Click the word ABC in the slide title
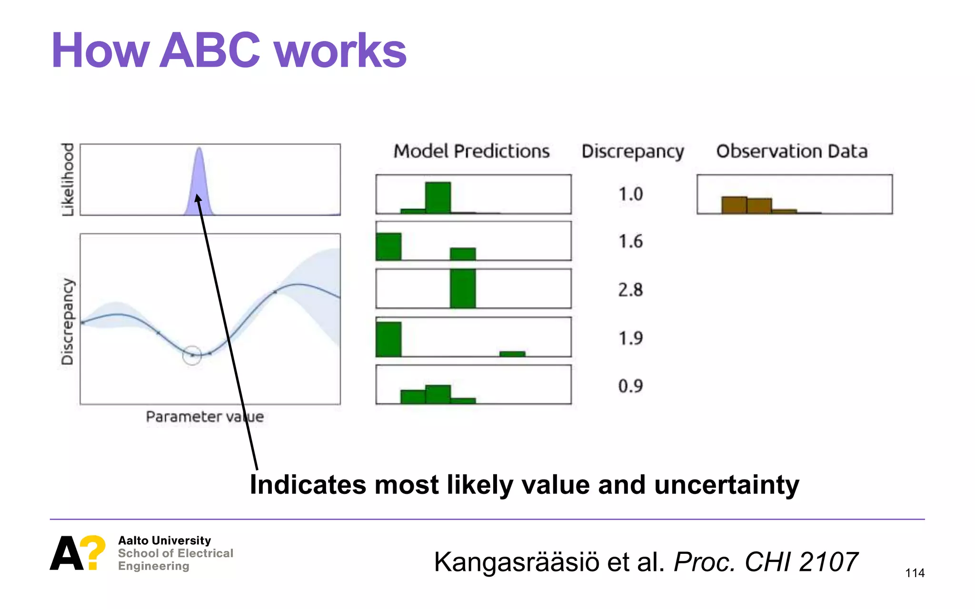[x=209, y=51]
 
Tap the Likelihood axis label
[x=68, y=179]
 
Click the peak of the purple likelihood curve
[x=199, y=150]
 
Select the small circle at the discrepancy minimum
[x=192, y=355]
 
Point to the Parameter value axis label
[x=204, y=417]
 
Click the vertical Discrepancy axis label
[x=68, y=322]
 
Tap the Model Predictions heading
[x=471, y=151]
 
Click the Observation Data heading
[x=792, y=151]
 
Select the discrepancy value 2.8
[x=630, y=290]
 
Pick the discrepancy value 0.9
[x=630, y=386]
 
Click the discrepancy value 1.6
[x=630, y=242]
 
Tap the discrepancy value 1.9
[x=630, y=338]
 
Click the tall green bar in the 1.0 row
[x=438, y=197]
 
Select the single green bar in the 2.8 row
[x=463, y=288]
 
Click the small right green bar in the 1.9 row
[x=512, y=354]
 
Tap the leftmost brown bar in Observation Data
[x=734, y=205]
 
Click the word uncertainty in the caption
[x=726, y=485]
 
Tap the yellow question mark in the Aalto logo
[x=92, y=552]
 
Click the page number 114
[x=915, y=573]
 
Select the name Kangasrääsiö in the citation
[x=517, y=562]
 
